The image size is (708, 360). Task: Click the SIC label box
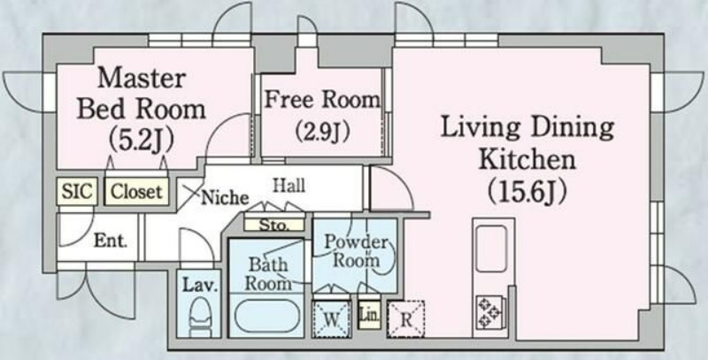pos(78,190)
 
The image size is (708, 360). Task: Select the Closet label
pos(136,190)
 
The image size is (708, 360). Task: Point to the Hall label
pos(289,185)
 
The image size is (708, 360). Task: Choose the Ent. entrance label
pos(111,240)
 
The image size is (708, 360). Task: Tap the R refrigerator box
pos(405,318)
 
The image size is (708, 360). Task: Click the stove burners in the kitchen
pos(490,310)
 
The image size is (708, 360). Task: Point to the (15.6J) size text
pos(527,189)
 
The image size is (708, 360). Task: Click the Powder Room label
pos(356,250)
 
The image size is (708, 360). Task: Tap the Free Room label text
pos(322,98)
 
